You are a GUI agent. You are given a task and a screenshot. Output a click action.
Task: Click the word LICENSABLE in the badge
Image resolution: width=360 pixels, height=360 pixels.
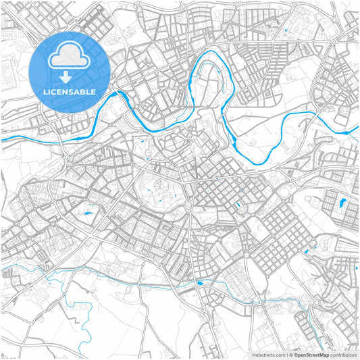(70, 91)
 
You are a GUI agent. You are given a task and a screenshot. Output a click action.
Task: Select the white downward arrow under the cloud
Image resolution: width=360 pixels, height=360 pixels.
(70, 76)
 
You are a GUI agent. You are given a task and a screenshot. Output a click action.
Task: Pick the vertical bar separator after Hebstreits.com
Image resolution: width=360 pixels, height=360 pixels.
(286, 355)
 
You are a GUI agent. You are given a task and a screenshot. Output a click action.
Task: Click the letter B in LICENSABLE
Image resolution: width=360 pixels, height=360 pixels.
(85, 91)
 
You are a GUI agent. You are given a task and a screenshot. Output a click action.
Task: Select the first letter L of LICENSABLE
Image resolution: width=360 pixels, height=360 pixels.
(46, 91)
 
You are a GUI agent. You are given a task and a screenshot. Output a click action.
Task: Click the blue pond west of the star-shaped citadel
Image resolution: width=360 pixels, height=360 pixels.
(88, 215)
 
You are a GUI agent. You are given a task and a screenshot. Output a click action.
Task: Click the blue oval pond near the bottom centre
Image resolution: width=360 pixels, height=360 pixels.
(199, 283)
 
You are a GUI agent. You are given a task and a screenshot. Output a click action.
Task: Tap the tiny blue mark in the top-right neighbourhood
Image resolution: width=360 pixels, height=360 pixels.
(287, 30)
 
